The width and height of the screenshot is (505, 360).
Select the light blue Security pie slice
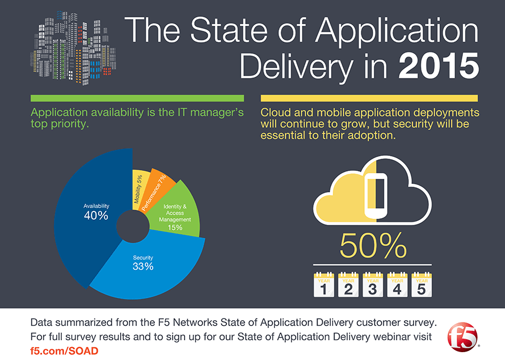point(151,269)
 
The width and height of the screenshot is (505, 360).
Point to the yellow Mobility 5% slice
point(139,188)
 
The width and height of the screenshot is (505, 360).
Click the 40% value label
point(96,215)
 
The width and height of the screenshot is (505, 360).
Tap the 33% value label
point(143,266)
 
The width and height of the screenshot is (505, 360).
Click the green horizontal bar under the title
point(137,98)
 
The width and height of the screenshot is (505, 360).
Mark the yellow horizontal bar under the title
point(369,98)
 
